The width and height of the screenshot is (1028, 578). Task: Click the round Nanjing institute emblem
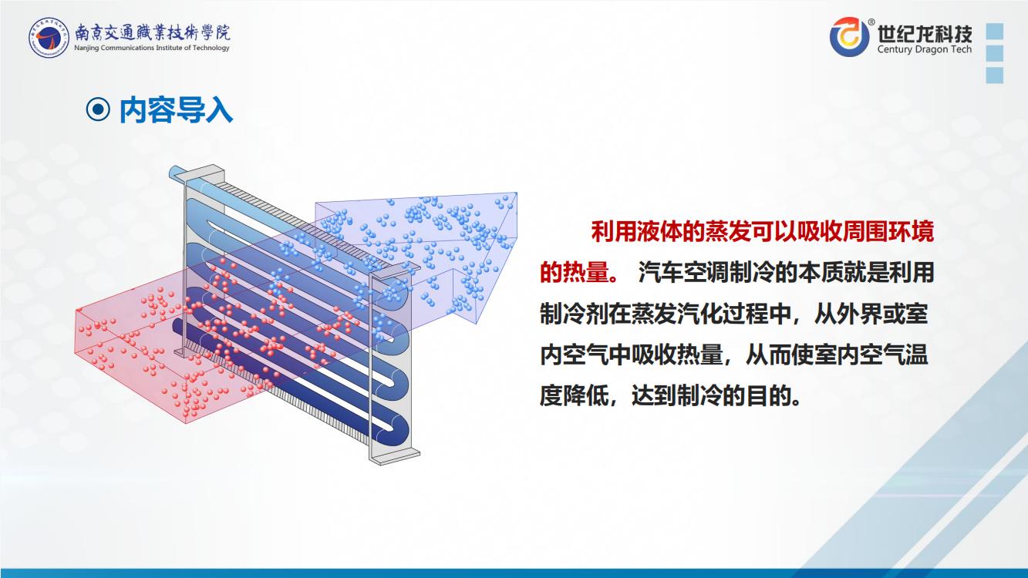(48, 38)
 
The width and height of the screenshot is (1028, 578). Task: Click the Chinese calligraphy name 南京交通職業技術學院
(152, 32)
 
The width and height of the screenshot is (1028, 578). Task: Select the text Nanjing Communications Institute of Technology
(151, 48)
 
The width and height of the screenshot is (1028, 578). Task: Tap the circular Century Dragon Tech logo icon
(848, 37)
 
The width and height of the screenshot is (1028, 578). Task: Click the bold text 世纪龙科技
(925, 33)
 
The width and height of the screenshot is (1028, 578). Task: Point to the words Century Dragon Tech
(925, 49)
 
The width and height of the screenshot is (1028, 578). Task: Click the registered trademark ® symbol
(871, 22)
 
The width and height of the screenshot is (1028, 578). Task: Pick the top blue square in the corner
(995, 32)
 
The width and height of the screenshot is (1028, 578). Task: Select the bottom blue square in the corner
(995, 76)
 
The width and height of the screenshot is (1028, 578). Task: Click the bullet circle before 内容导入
(98, 109)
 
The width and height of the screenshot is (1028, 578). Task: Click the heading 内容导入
(176, 110)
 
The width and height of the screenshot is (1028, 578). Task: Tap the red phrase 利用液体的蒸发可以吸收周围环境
(762, 232)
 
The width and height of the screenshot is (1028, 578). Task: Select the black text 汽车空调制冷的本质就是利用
(786, 272)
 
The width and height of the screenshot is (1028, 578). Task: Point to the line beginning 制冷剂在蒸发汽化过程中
(734, 314)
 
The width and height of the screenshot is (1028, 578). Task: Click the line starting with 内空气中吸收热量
(734, 355)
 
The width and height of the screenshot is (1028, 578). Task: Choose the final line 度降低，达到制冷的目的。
(670, 395)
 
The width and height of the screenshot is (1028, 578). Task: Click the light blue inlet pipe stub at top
(179, 173)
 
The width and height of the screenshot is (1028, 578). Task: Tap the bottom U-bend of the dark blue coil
(397, 429)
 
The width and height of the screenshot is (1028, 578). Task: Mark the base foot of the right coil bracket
(395, 457)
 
